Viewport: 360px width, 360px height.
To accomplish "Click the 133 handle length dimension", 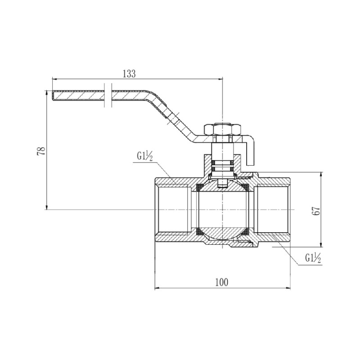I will tap(129, 74).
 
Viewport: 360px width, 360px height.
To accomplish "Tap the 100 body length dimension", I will tap(222, 282).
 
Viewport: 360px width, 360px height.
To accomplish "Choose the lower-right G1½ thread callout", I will tap(313, 258).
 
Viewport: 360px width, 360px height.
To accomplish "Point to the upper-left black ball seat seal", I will tap(199, 186).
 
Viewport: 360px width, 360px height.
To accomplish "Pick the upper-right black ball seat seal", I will tap(245, 186).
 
